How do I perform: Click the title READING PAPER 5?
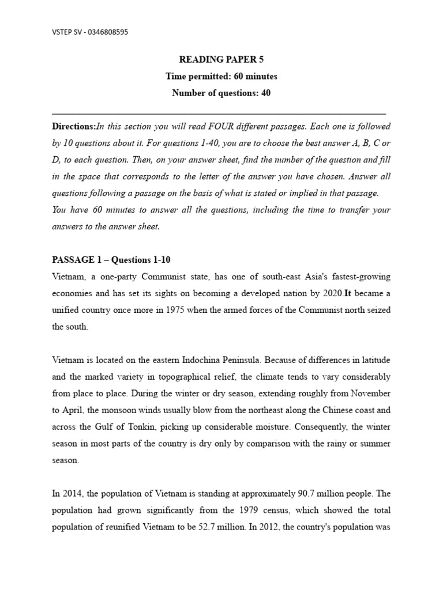pos(221,60)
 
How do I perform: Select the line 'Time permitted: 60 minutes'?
pos(221,76)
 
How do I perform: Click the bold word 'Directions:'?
pos(74,126)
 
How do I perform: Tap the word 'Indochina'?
pos(217,360)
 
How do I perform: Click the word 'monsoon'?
pos(115,410)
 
